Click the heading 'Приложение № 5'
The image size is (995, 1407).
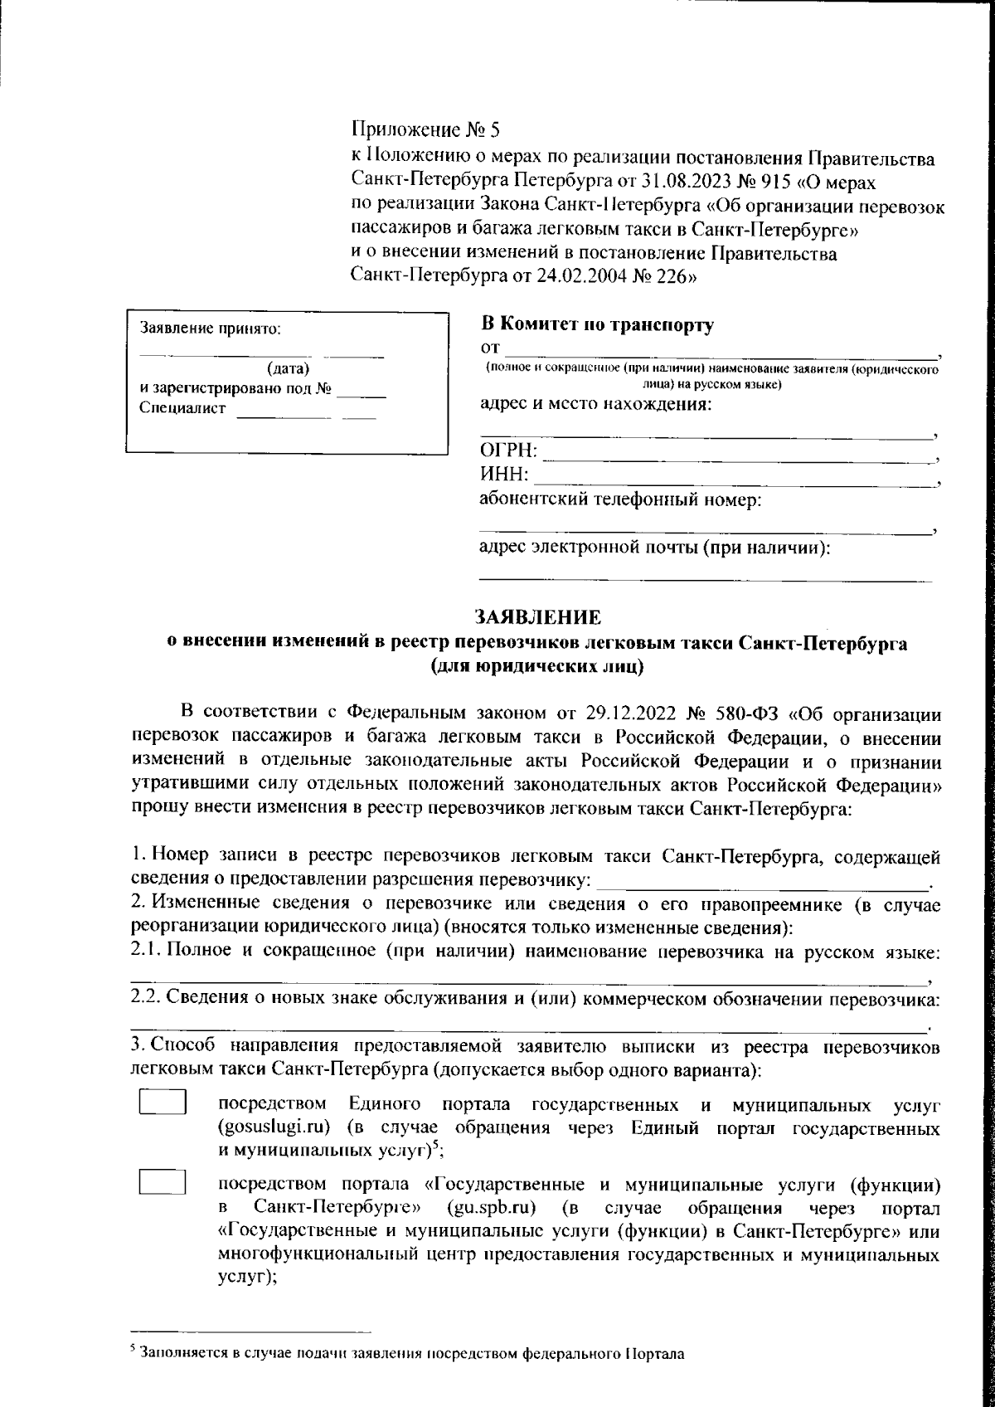click(427, 129)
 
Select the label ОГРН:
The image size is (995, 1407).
click(508, 451)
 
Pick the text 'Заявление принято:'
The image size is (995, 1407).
click(211, 329)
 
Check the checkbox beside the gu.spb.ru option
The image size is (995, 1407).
click(162, 1181)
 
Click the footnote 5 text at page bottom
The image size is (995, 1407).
click(411, 1355)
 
